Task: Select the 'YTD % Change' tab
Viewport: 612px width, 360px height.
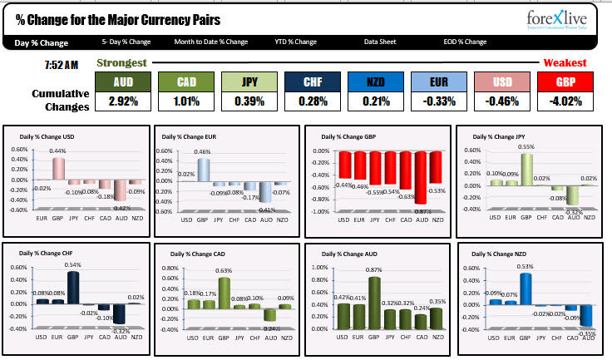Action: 295,42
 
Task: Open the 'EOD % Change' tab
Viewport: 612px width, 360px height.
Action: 465,42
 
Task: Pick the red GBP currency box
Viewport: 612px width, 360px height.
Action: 562,81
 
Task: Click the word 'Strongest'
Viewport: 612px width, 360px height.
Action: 122,63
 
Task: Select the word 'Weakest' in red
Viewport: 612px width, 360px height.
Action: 565,63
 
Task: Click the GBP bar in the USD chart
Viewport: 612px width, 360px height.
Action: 59,169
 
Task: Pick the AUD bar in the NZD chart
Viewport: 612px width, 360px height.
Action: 587,314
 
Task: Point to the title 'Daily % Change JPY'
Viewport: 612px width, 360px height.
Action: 501,136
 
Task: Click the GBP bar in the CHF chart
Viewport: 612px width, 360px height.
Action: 73,287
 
